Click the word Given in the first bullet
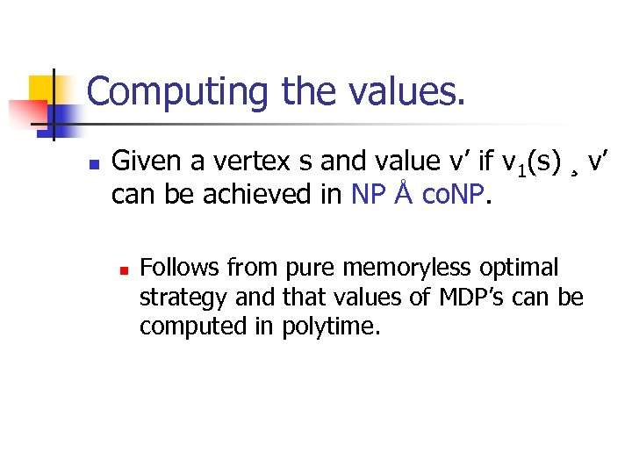click(143, 162)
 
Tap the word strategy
click(183, 297)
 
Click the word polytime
click(331, 327)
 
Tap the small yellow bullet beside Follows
click(124, 269)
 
